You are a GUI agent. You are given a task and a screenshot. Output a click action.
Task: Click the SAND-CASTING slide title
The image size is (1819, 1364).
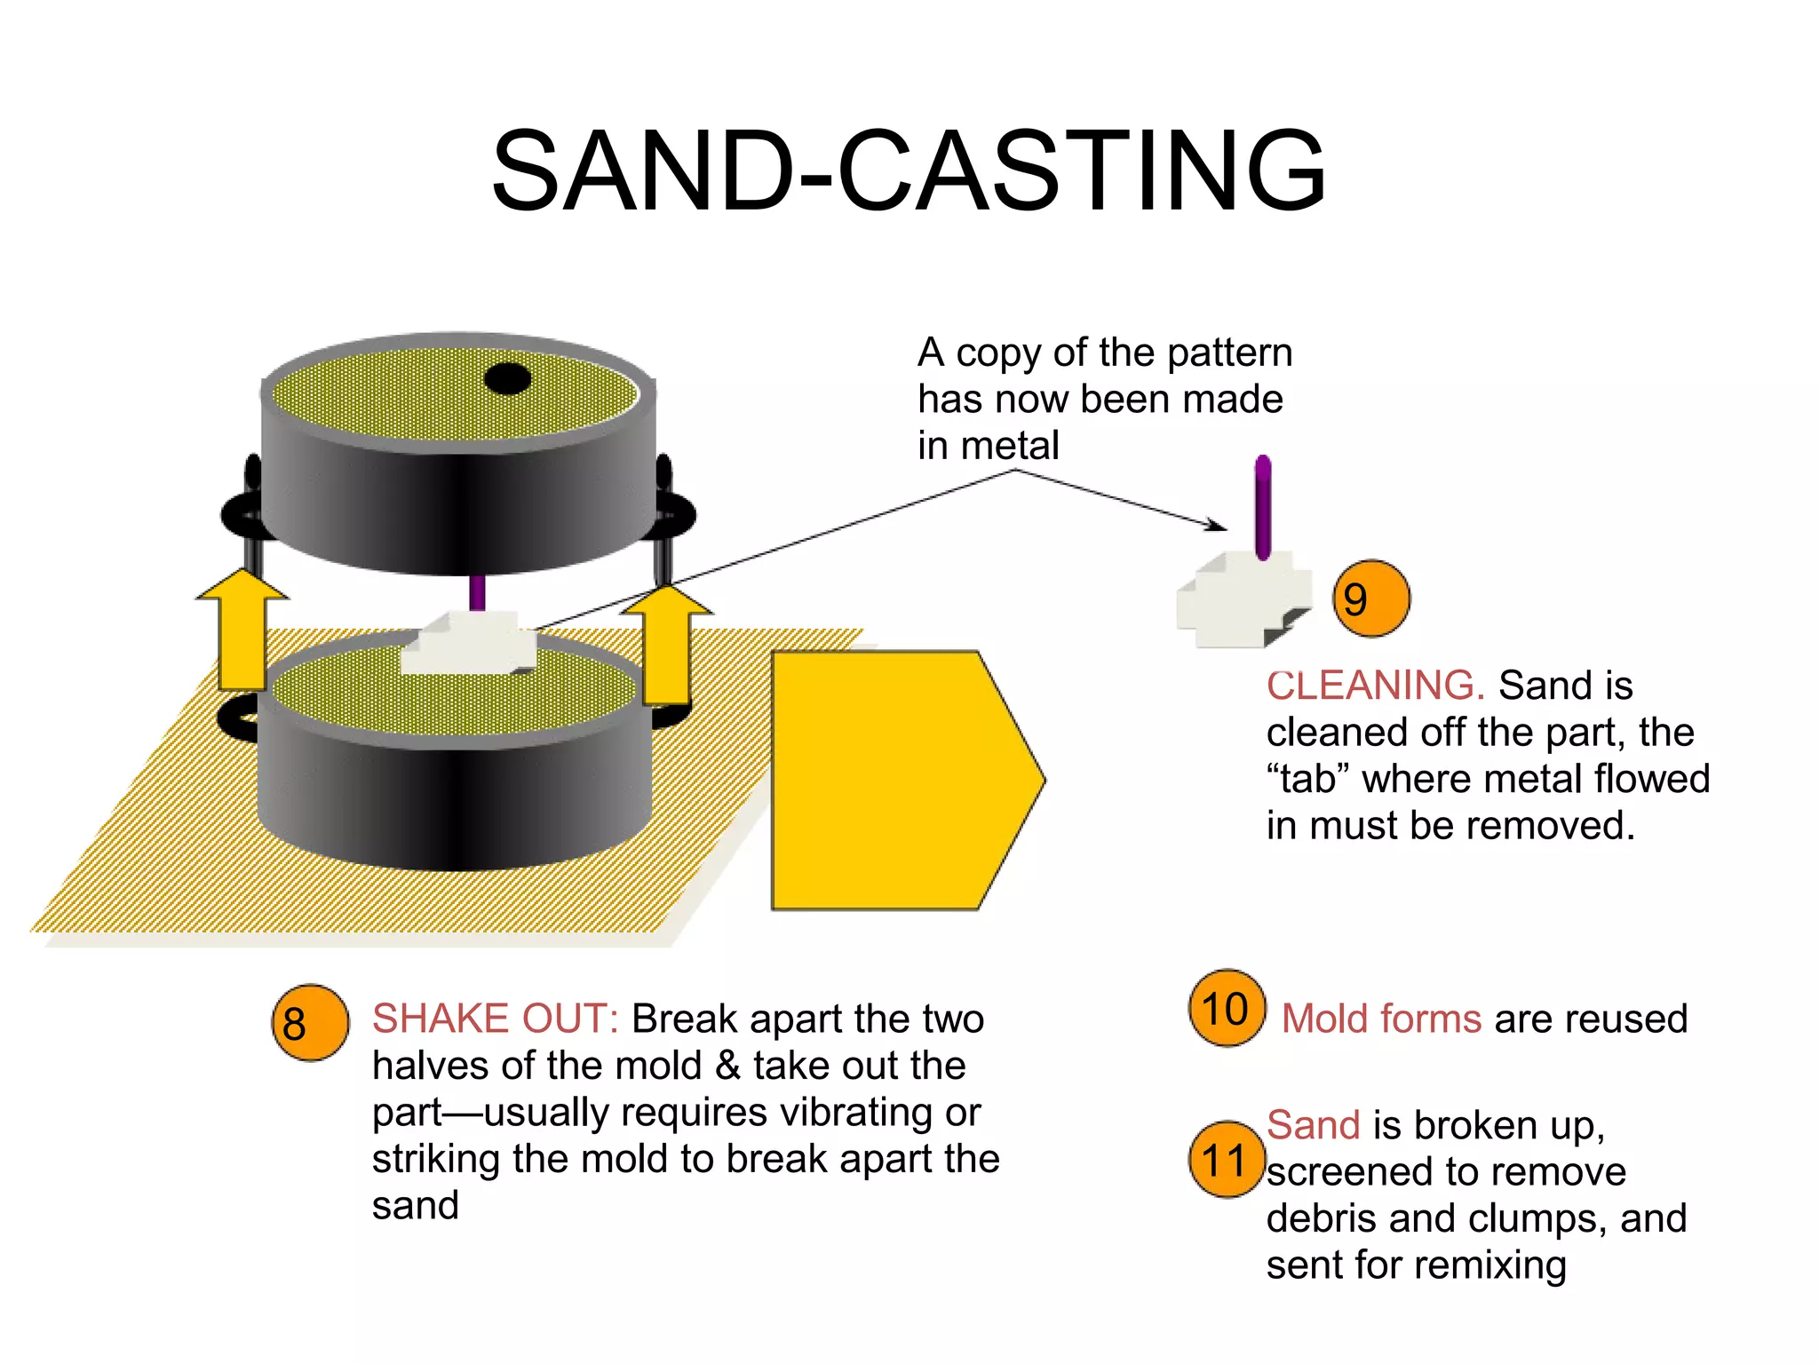tap(909, 170)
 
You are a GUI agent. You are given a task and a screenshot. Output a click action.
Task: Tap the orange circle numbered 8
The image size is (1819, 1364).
tap(310, 1023)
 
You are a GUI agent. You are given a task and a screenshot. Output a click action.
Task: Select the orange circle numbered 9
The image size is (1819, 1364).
tap(1371, 599)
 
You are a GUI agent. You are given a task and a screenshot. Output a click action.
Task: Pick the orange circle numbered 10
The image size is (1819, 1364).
tap(1227, 1008)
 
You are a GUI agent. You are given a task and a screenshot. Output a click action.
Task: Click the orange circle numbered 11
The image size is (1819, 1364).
tap(1226, 1160)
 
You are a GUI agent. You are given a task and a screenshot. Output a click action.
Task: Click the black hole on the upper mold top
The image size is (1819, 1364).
tap(507, 379)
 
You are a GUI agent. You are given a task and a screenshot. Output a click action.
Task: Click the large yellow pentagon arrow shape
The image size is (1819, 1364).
tap(897, 780)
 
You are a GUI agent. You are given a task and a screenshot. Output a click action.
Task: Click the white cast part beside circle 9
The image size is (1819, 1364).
tap(1239, 601)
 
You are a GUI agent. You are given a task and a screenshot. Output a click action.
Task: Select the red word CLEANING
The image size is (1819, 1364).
tap(1375, 686)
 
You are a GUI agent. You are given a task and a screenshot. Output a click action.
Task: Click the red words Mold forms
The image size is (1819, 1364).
tap(1381, 1019)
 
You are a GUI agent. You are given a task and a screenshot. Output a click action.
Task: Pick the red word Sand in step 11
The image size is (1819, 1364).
tap(1313, 1125)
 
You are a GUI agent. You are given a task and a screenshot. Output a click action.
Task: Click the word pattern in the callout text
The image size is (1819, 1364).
tap(1229, 353)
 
